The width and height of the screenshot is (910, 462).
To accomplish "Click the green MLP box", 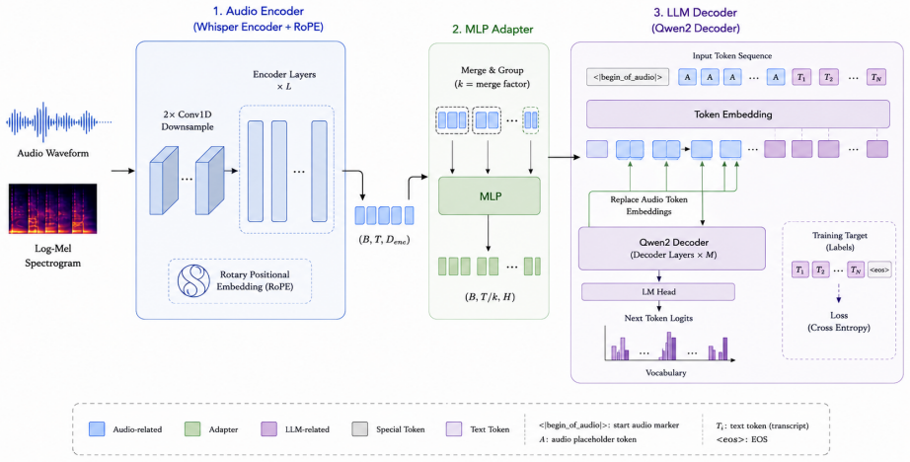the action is (490, 195).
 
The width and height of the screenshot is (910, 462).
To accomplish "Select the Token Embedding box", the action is (737, 115).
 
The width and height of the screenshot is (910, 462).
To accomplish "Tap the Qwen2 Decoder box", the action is (672, 249).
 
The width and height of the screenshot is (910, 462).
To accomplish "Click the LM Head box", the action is (658, 292).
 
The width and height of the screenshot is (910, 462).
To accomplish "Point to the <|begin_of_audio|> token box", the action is (628, 77).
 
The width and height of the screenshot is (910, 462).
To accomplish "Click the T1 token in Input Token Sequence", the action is (801, 77).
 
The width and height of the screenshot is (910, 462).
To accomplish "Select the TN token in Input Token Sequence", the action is (876, 77).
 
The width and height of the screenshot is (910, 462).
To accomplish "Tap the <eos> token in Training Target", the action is (879, 269).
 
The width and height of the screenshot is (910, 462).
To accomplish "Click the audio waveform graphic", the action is (58, 122).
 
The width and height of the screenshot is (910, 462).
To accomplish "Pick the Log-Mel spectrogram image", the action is (53, 209).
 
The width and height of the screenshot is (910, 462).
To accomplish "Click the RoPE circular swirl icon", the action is (193, 281).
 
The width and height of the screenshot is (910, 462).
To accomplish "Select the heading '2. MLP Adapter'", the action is (492, 29).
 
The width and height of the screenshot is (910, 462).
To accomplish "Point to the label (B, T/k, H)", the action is (490, 296).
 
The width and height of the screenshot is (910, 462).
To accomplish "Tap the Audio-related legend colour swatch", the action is (97, 429).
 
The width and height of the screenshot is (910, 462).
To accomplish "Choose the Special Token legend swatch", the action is (359, 429).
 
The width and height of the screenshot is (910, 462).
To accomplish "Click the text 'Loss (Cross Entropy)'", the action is (839, 322).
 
